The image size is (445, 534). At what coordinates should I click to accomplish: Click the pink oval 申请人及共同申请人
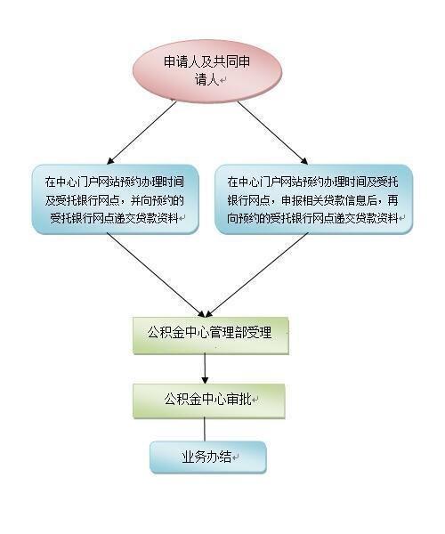[207, 71]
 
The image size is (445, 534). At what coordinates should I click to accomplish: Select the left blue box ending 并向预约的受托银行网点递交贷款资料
[116, 199]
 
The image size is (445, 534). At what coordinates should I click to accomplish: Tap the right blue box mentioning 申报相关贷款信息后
[313, 199]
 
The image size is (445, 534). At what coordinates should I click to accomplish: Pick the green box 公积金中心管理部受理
[211, 336]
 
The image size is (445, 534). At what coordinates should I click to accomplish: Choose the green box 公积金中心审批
[209, 400]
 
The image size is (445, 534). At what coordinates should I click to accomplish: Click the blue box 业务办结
[208, 457]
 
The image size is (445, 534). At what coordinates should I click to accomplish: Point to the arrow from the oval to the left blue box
[142, 133]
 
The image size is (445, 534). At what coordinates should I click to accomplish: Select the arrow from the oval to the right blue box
[272, 133]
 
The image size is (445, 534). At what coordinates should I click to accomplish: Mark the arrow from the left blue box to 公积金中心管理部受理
[156, 275]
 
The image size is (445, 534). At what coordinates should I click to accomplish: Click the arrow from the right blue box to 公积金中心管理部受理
[257, 275]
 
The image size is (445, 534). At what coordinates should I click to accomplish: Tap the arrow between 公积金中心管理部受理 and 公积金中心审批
[205, 368]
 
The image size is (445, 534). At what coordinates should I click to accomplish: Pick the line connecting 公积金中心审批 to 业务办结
[205, 430]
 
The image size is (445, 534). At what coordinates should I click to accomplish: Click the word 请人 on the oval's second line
[206, 80]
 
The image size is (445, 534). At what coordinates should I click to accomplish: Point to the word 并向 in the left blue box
[141, 200]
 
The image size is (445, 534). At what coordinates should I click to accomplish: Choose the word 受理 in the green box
[260, 332]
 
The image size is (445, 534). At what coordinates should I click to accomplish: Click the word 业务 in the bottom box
[194, 457]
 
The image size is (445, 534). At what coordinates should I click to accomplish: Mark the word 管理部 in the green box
[229, 332]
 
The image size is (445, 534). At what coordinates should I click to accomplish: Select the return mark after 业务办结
[235, 457]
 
